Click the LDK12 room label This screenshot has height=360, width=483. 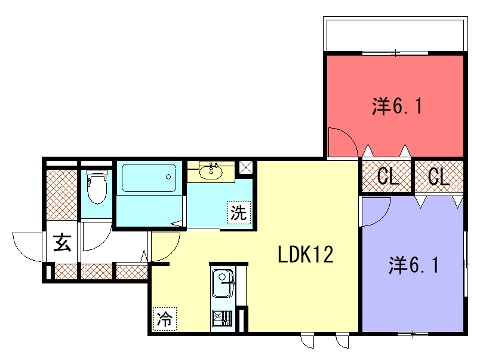pyautogui.click(x=306, y=255)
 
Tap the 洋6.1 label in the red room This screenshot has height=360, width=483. pyautogui.click(x=397, y=107)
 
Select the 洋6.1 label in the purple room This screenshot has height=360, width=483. pyautogui.click(x=413, y=266)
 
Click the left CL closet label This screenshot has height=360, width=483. pyautogui.click(x=388, y=176)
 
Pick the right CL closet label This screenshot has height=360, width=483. pyautogui.click(x=439, y=176)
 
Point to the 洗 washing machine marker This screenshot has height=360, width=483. pyautogui.click(x=239, y=212)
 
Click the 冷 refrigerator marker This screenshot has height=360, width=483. pyautogui.click(x=165, y=319)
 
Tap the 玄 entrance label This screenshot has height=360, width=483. pyautogui.click(x=63, y=242)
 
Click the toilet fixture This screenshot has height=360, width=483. pyautogui.click(x=97, y=187)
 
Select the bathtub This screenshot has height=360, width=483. pyautogui.click(x=149, y=178)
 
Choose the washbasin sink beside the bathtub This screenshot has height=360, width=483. pyautogui.click(x=210, y=172)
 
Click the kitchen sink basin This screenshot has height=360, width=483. pyautogui.click(x=223, y=283)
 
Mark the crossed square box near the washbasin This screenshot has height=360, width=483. pyautogui.click(x=246, y=169)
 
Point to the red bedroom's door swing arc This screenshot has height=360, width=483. pyautogui.click(x=347, y=136)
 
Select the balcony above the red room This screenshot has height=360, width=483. pyautogui.click(x=395, y=34)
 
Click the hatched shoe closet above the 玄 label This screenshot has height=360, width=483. pyautogui.click(x=61, y=195)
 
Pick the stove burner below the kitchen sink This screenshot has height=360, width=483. pyautogui.click(x=222, y=319)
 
